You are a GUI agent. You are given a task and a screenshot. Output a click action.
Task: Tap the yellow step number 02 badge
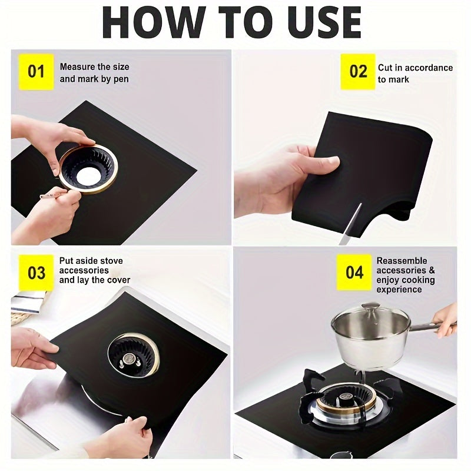pyautogui.click(x=358, y=72)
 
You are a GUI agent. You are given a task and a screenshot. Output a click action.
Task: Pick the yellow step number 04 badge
pyautogui.click(x=354, y=273)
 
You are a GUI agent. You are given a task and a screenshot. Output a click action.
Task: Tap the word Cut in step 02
pyautogui.click(x=386, y=68)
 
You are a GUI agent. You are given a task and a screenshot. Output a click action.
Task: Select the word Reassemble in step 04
pyautogui.click(x=402, y=261)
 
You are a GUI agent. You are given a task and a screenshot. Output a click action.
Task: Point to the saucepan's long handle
pyautogui.click(x=433, y=325)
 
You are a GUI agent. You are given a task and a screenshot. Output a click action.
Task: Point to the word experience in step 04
pyautogui.click(x=400, y=290)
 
